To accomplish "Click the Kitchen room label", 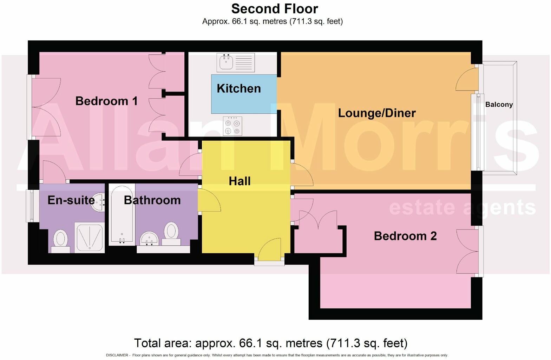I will pyautogui.click(x=238, y=88).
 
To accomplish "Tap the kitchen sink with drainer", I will pyautogui.click(x=235, y=62).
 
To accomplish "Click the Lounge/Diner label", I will pyautogui.click(x=376, y=113).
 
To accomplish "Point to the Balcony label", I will pyautogui.click(x=499, y=105).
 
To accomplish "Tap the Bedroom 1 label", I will pyautogui.click(x=106, y=101).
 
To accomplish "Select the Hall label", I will pyautogui.click(x=240, y=181).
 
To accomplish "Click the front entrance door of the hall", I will pyautogui.click(x=270, y=250).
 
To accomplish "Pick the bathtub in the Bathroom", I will pyautogui.click(x=122, y=214).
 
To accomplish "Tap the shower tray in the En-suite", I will pyautogui.click(x=90, y=237).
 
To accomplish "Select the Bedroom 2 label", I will pyautogui.click(x=405, y=236).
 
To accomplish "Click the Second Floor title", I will pyautogui.click(x=275, y=9).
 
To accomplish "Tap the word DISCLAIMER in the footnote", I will pyautogui.click(x=117, y=355).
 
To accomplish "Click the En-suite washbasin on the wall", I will pyautogui.click(x=99, y=202).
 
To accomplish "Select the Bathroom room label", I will pyautogui.click(x=152, y=200).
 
